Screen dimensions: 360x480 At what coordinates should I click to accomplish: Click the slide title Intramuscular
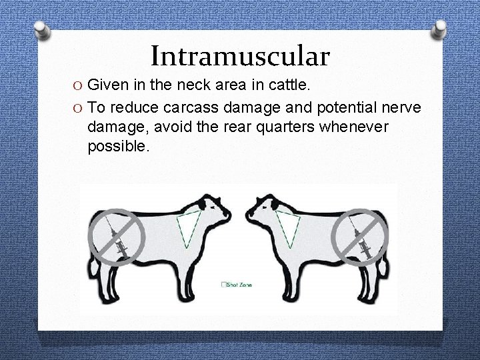point(240,56)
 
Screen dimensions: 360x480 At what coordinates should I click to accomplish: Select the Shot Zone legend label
point(237,285)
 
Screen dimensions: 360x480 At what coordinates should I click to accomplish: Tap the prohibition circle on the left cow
point(115,235)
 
